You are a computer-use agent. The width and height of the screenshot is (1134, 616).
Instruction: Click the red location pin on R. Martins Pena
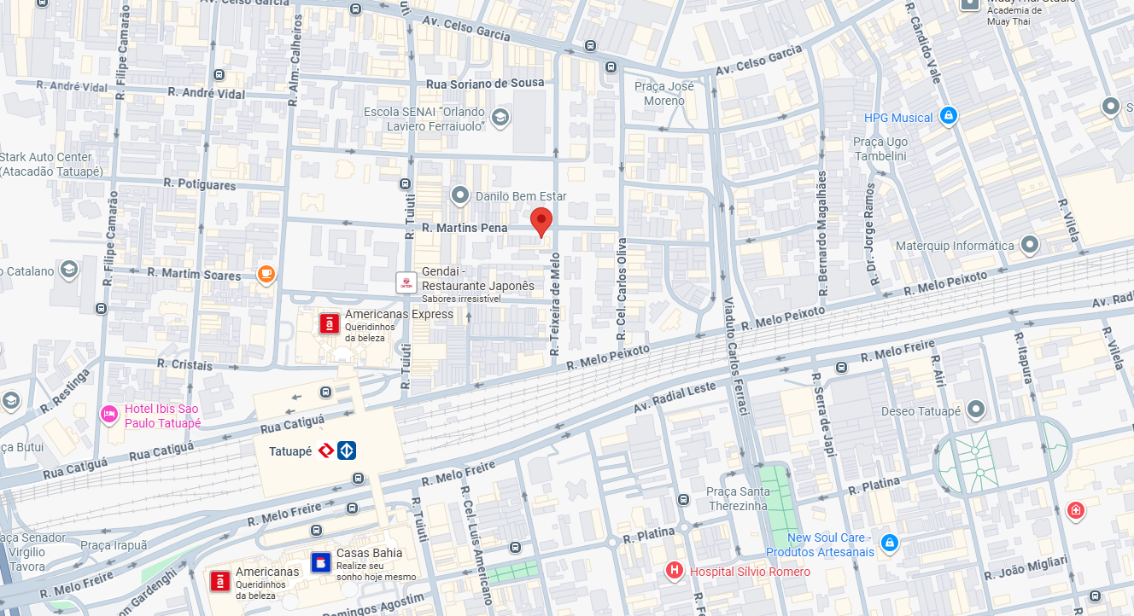[x=541, y=220]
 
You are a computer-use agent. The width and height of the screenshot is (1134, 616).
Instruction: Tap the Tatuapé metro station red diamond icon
[x=325, y=450]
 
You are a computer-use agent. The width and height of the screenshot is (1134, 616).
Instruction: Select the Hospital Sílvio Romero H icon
[x=675, y=571]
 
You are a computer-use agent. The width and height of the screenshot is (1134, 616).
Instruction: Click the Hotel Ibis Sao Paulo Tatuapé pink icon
[x=109, y=415]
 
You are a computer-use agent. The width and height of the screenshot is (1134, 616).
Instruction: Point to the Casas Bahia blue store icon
[x=320, y=561]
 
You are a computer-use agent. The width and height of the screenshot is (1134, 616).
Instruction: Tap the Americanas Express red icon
[x=328, y=323]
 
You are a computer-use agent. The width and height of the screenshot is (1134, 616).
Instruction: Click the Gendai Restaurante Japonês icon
[x=406, y=283]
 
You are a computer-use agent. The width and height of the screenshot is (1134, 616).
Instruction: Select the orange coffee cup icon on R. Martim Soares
[x=266, y=274]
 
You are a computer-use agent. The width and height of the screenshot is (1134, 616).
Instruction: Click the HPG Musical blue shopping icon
[x=947, y=116]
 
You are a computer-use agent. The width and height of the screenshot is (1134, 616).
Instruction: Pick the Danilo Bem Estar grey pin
[x=460, y=196]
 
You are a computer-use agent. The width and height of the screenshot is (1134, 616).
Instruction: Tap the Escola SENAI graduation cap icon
[x=500, y=117]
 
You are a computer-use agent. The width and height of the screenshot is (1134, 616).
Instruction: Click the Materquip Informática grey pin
[x=1030, y=245]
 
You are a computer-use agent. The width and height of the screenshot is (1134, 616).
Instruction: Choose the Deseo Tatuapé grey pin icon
[x=976, y=410]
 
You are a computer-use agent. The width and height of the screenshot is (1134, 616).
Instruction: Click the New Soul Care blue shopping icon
[x=890, y=543]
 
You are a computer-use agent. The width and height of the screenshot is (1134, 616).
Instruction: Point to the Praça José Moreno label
[x=663, y=93]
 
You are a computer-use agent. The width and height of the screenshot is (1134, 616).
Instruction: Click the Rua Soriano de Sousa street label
[x=484, y=84]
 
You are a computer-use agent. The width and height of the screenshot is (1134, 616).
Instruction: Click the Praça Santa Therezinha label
[x=738, y=497]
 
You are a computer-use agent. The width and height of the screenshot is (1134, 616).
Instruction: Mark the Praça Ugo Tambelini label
[x=880, y=148]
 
